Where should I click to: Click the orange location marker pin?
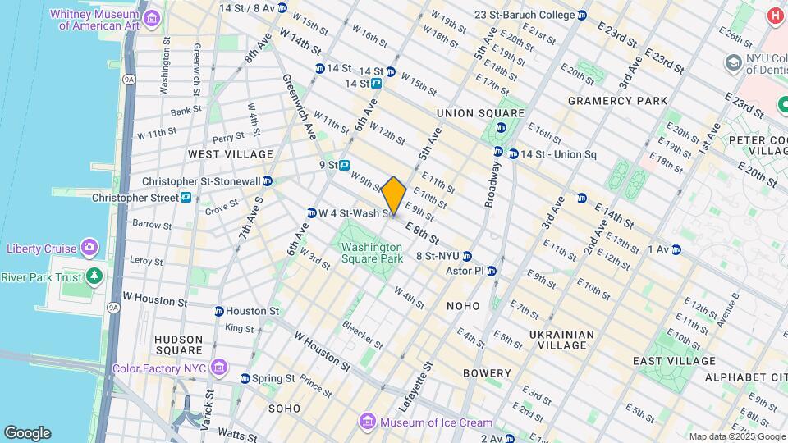coord(394,195)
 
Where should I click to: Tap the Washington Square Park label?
coord(372,253)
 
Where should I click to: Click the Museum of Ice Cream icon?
coord(368,422)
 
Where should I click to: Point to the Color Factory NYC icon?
coord(218,368)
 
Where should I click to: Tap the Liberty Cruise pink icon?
coord(89,249)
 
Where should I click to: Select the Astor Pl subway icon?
coord(492,271)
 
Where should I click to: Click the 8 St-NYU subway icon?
coord(467,256)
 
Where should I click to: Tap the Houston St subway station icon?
coord(218,312)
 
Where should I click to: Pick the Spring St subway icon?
coord(245,379)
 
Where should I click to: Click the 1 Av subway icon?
coord(676,249)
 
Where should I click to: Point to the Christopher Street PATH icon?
coord(186,198)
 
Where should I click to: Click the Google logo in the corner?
coord(27,433)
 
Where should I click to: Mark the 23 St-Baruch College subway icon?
coord(582,15)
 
